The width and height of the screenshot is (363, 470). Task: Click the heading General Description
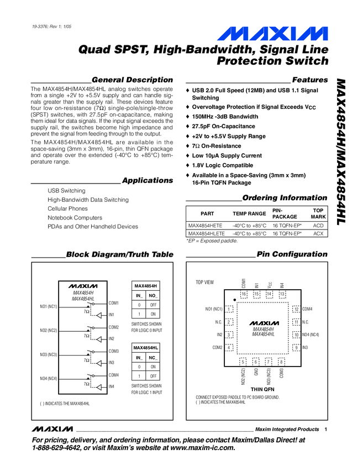132,80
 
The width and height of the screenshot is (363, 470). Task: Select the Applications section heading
147,180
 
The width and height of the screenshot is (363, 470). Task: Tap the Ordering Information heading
285,198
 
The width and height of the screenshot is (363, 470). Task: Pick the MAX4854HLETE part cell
206,234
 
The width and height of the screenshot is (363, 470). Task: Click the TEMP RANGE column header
249,213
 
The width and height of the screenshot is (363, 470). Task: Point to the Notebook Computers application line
75,218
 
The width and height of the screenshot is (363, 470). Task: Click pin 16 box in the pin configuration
244,294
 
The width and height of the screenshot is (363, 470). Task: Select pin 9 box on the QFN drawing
296,347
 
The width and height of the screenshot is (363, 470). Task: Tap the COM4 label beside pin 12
308,309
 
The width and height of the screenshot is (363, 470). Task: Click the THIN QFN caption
262,389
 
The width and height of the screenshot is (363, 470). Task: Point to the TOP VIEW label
204,283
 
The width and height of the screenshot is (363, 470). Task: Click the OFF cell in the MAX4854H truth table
154,305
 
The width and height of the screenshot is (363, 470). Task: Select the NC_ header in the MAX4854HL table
154,358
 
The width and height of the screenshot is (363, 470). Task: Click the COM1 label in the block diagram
114,303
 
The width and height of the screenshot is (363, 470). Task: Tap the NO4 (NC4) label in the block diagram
49,378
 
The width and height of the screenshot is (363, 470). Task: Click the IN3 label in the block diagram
112,363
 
